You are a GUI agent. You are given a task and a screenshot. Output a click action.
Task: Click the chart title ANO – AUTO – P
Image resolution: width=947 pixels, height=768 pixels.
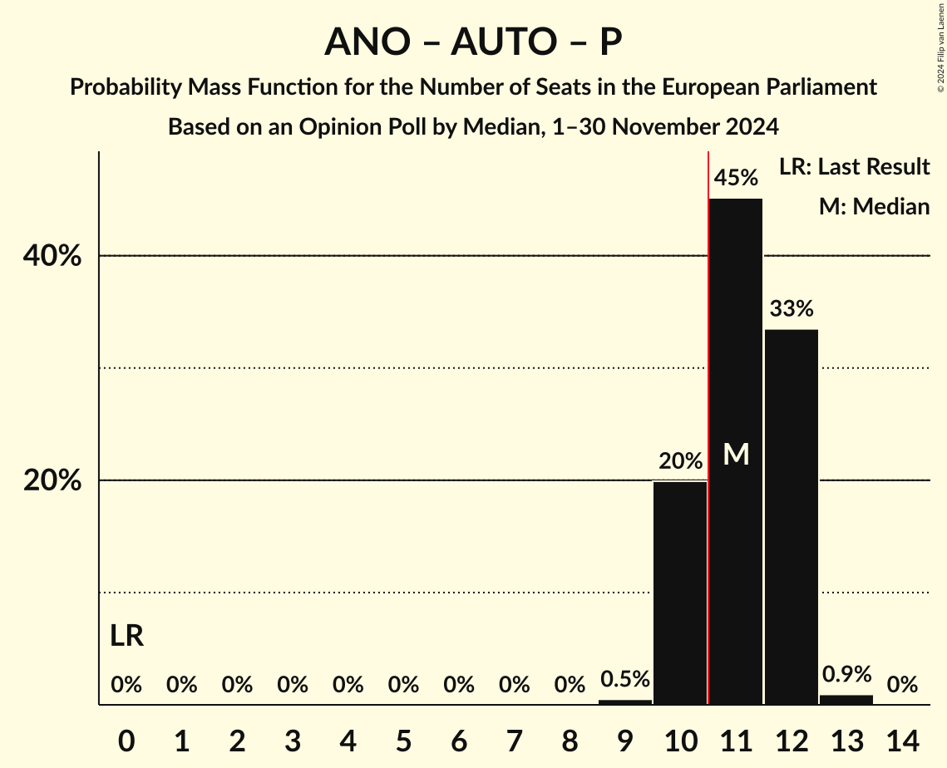(x=473, y=42)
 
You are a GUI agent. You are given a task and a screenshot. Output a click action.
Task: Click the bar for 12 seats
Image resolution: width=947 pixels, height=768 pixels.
(x=791, y=515)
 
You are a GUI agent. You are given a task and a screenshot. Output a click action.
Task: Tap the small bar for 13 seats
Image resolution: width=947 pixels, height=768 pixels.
(x=846, y=700)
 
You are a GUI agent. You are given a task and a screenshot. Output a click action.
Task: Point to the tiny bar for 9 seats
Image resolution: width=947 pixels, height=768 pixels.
(x=625, y=702)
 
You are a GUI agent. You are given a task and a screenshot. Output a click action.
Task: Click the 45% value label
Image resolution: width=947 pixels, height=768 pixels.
(x=736, y=178)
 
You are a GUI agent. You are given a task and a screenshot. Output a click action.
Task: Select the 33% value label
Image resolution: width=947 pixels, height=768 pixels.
(x=791, y=309)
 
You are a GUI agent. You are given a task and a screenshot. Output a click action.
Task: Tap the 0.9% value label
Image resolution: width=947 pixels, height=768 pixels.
(x=846, y=674)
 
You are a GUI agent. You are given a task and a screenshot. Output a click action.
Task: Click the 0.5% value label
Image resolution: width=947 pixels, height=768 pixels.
(x=625, y=679)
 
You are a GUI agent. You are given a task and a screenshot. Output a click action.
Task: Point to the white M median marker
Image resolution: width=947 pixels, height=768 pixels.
(x=736, y=454)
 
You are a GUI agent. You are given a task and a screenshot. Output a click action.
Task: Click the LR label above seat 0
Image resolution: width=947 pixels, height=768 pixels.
(x=126, y=637)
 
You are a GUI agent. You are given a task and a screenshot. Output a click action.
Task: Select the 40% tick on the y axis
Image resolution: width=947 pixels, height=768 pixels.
(x=52, y=256)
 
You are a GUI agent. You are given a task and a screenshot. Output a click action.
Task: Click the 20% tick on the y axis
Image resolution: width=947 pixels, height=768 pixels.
(x=52, y=481)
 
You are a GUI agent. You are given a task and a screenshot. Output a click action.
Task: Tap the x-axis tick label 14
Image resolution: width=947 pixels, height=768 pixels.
(x=902, y=739)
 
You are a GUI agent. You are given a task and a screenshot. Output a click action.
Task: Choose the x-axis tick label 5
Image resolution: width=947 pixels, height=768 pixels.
(x=403, y=739)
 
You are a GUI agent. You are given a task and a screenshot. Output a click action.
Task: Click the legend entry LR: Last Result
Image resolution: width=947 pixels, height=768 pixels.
(x=854, y=167)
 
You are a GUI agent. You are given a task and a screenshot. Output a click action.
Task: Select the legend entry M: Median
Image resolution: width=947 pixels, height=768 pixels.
(x=874, y=206)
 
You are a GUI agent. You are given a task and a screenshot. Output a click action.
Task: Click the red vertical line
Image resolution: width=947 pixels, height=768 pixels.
(x=708, y=416)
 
